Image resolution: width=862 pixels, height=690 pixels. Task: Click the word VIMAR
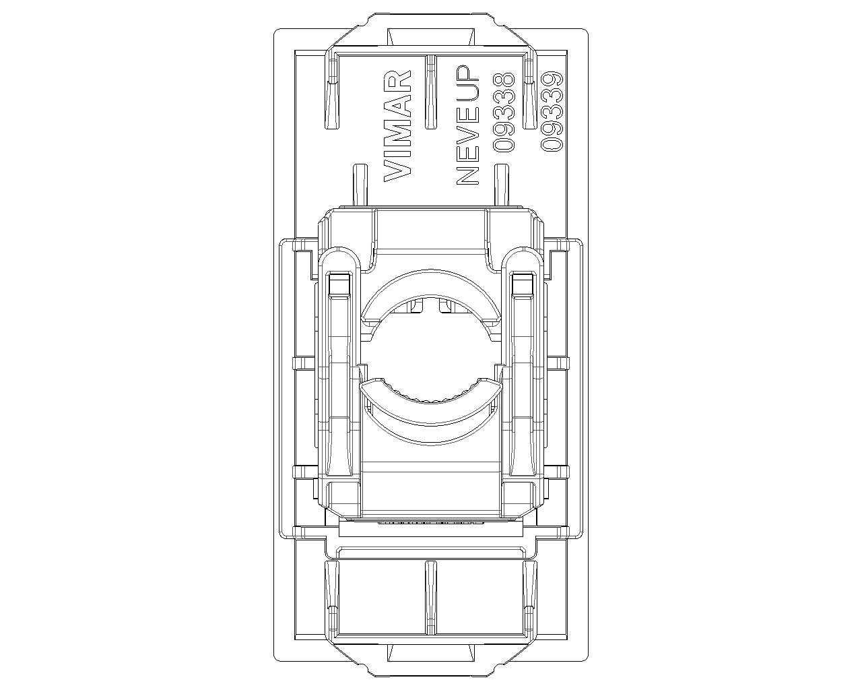point(397,126)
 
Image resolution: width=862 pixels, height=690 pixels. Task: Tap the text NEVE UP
point(468,125)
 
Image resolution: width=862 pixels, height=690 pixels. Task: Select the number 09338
point(504,113)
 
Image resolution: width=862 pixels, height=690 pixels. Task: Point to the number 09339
point(552,112)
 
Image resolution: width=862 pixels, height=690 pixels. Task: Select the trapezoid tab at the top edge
point(431,36)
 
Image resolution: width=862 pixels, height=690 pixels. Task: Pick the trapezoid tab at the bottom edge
point(431,653)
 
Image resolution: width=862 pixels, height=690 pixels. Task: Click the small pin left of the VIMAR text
point(360,185)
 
